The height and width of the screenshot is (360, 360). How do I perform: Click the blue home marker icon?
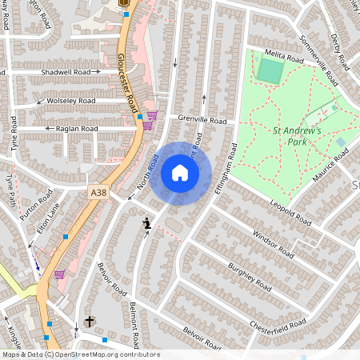[180, 173]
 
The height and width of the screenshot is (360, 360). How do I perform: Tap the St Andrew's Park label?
[297, 136]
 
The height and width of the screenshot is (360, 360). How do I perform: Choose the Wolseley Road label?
[70, 102]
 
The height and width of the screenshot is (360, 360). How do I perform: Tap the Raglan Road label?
[76, 128]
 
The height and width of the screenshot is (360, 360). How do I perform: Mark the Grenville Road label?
[202, 120]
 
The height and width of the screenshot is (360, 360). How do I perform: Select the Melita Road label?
[285, 58]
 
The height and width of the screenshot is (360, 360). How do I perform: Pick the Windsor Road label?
[273, 244]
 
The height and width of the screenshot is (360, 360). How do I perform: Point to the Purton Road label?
[38, 207]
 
